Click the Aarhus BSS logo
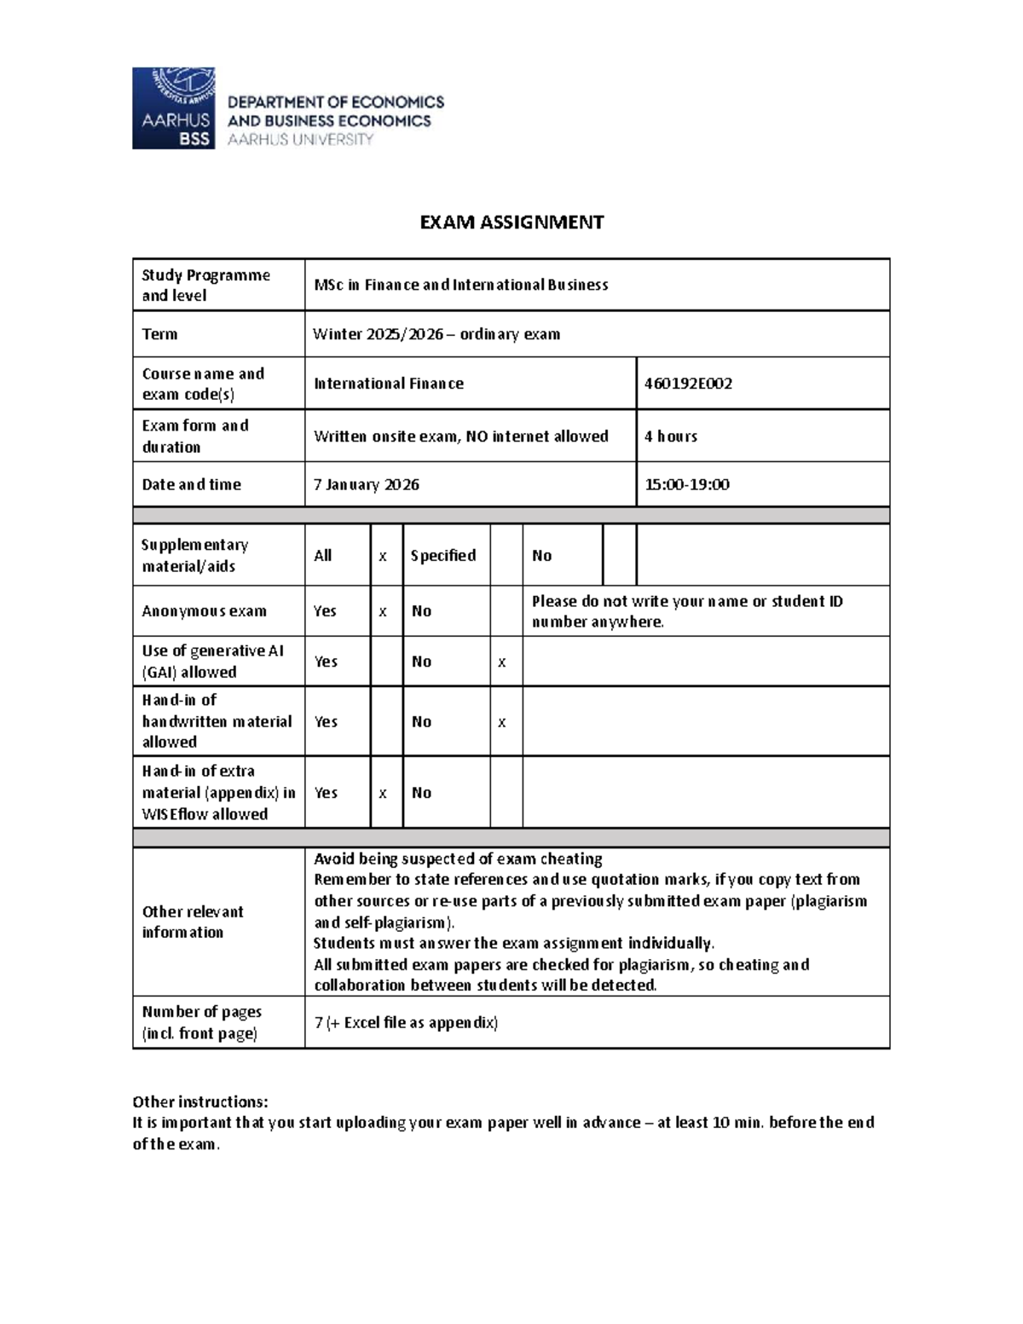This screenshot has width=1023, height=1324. click(x=173, y=108)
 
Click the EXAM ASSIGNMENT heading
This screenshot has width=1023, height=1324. click(x=511, y=223)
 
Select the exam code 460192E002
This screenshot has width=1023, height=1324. click(x=688, y=384)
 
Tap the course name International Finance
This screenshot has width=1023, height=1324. click(x=389, y=384)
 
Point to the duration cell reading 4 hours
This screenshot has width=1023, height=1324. click(x=671, y=437)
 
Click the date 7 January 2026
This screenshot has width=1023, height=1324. click(x=367, y=484)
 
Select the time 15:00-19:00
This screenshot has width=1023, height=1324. click(x=687, y=484)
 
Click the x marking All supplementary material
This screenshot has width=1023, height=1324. click(x=383, y=556)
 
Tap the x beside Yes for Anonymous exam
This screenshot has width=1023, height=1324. click(x=383, y=611)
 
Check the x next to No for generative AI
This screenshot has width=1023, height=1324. click(x=502, y=662)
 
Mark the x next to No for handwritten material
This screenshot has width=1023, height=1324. click(x=502, y=722)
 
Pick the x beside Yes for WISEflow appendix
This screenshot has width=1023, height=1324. click(x=383, y=793)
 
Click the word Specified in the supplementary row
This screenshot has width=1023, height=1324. click(x=443, y=556)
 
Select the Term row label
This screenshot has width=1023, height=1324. click(x=160, y=334)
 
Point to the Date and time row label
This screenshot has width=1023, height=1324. click(x=192, y=484)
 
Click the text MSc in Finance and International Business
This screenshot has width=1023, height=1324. click(x=461, y=285)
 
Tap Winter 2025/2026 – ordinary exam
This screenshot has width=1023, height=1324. click(x=436, y=334)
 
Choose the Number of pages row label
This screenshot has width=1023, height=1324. click(x=202, y=1022)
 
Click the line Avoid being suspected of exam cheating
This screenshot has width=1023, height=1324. click(x=458, y=859)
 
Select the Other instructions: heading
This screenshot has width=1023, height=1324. click(x=200, y=1101)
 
